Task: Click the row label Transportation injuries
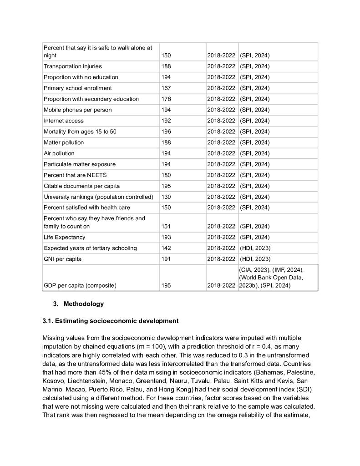coord(73,66)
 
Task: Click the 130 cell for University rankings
coord(166,197)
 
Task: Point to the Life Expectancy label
coord(65,238)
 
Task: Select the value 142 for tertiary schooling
coord(166,248)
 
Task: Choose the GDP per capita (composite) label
coord(80,286)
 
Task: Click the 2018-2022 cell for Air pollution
coord(221,154)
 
